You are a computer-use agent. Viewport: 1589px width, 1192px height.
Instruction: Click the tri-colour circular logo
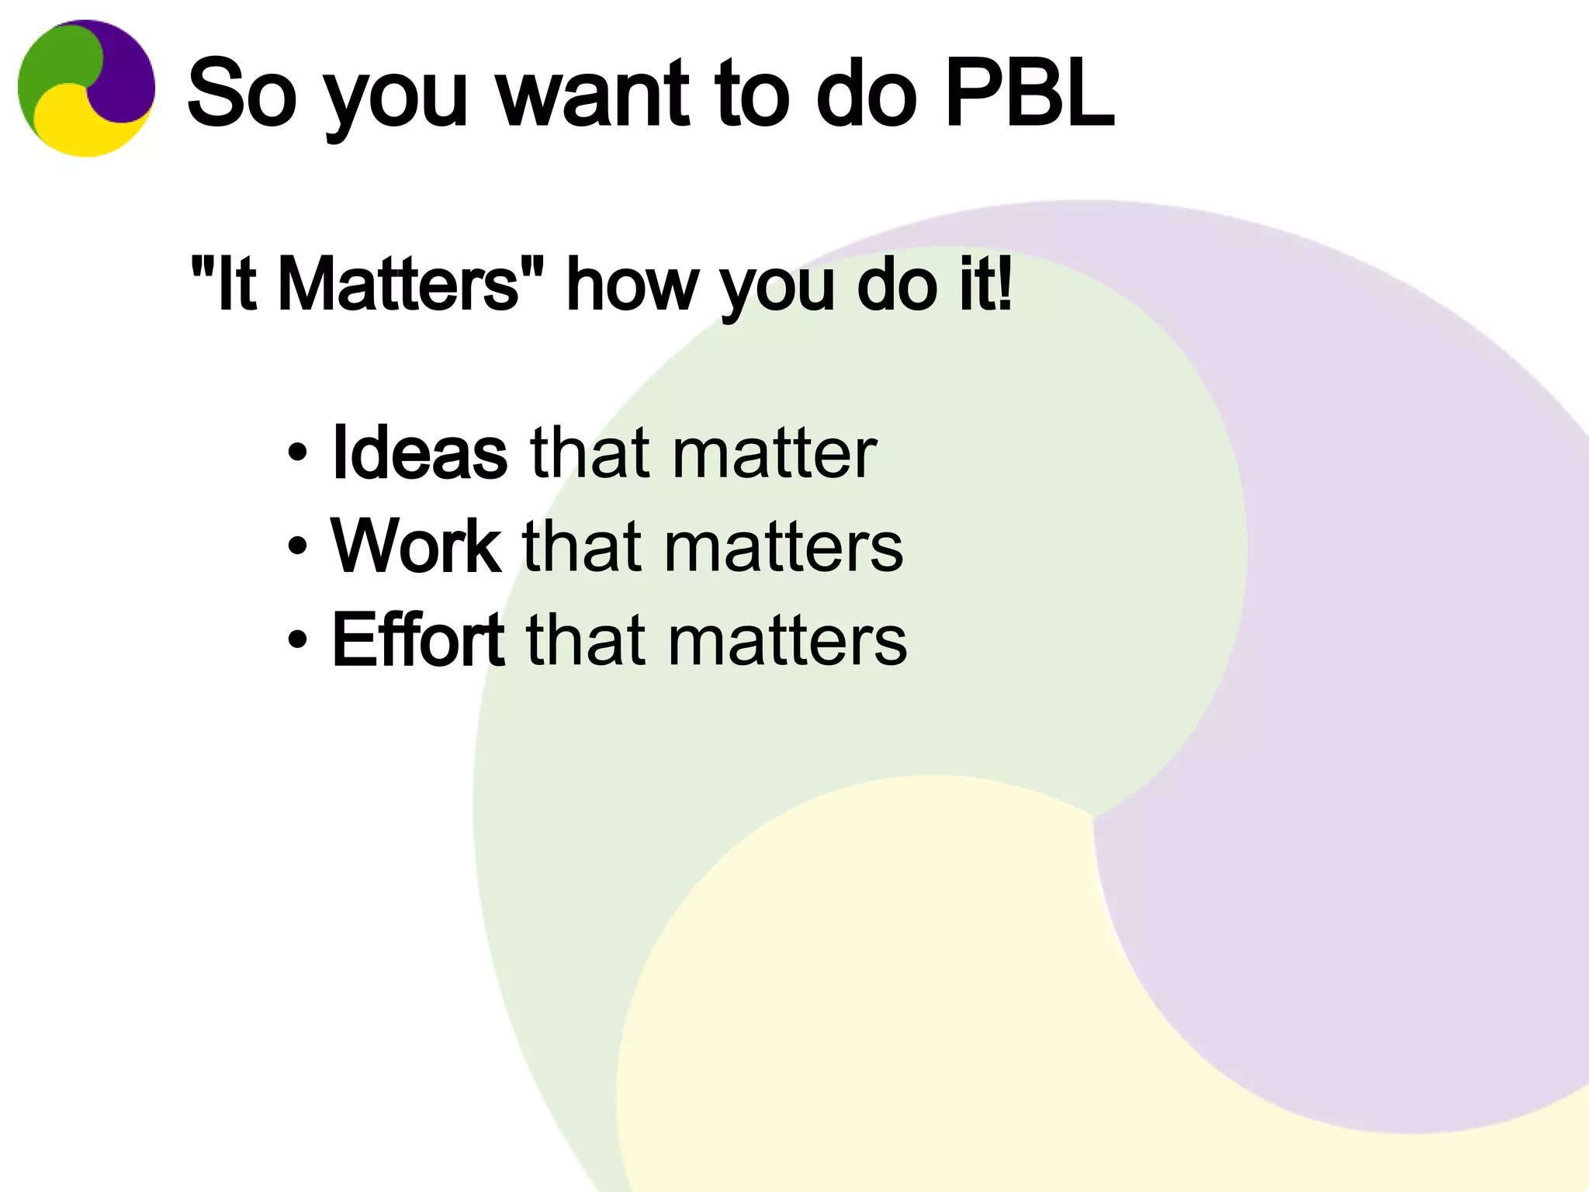coord(86,88)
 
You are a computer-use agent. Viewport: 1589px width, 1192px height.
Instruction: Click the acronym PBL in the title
coord(1030,93)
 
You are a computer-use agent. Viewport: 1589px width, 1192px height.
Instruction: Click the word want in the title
coord(593,93)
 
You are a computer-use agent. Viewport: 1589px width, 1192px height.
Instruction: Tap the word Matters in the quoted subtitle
coord(398,285)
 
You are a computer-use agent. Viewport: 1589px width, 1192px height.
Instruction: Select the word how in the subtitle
coord(632,285)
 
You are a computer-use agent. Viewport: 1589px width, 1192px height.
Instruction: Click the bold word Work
coord(416,546)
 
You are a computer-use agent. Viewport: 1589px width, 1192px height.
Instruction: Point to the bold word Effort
coord(418,640)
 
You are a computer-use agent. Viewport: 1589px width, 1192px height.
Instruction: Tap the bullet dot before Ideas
coord(297,452)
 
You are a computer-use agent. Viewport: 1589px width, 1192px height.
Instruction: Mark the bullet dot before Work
coord(297,546)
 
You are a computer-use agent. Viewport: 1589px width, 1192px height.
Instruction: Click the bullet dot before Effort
coord(297,640)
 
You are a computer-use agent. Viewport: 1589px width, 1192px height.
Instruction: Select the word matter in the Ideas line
coord(774,454)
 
